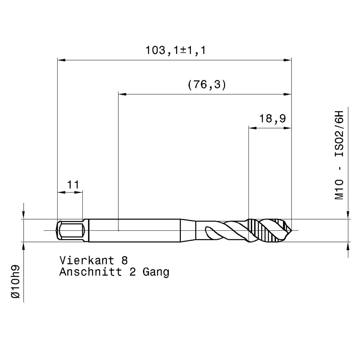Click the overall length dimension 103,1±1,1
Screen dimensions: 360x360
pyautogui.click(x=176, y=50)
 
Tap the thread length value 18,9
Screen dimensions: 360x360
pyautogui.click(x=272, y=119)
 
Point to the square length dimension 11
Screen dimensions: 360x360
pyautogui.click(x=73, y=184)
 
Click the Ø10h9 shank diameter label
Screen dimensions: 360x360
pyautogui.click(x=15, y=282)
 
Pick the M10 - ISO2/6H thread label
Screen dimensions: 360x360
pyautogui.click(x=339, y=155)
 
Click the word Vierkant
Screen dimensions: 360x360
pyautogui.click(x=87, y=260)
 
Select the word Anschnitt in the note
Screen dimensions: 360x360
pyautogui.click(x=91, y=272)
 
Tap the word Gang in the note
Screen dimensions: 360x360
pyautogui.click(x=156, y=272)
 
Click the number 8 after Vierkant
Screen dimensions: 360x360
pyautogui.click(x=124, y=260)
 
